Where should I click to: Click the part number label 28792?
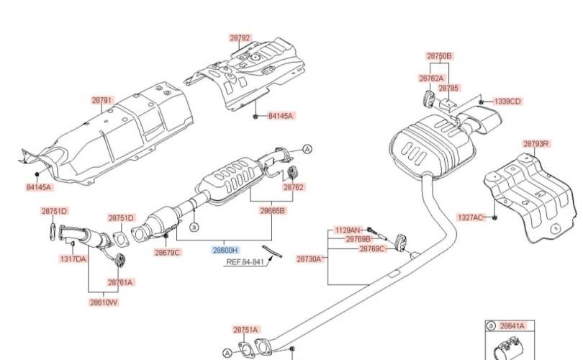point(240,38)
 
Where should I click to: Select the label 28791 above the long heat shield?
point(101,102)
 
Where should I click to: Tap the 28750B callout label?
point(438,55)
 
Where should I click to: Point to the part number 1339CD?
point(507,102)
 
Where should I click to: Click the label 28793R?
point(535,144)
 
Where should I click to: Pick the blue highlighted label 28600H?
point(224,251)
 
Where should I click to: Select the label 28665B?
point(273,211)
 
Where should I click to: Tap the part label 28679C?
point(168,252)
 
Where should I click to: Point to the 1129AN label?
point(347,230)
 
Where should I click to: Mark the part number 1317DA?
point(73,258)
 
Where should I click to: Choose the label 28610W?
point(104,302)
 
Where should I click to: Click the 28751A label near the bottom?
point(245,330)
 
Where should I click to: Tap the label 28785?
point(448,88)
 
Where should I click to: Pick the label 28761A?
point(121,282)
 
